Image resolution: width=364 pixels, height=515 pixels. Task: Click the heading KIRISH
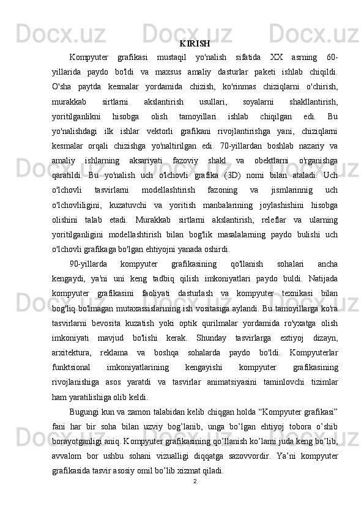pos(195,44)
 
